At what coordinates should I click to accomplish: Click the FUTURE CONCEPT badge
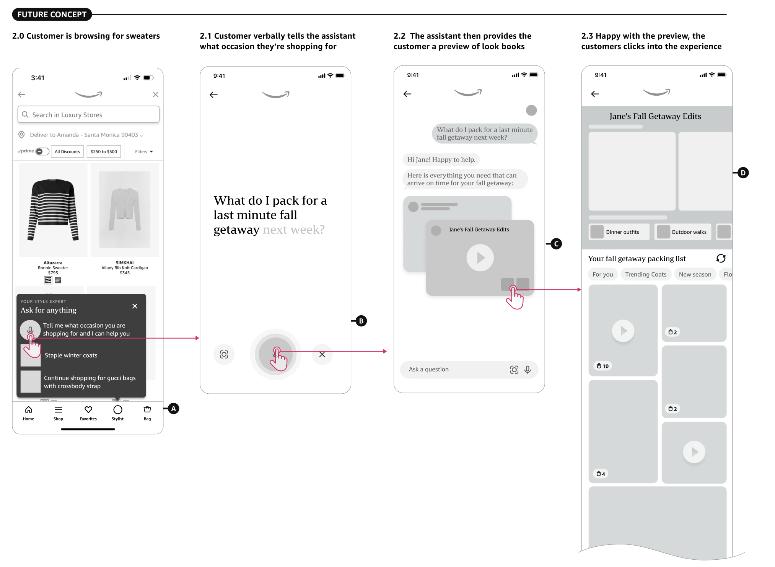click(x=52, y=15)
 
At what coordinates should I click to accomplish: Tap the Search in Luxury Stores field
click(x=88, y=114)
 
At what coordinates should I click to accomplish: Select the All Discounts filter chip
click(x=67, y=152)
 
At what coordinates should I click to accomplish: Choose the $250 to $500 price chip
click(x=104, y=152)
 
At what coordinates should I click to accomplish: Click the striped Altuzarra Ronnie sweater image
click(x=53, y=210)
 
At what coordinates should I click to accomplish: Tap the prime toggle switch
click(x=42, y=152)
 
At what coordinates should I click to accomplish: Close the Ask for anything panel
click(x=135, y=306)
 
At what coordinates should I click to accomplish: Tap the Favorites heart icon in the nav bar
click(x=88, y=410)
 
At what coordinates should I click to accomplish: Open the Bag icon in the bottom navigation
click(x=147, y=409)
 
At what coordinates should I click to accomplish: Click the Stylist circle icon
click(x=118, y=410)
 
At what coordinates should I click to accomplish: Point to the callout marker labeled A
click(x=174, y=409)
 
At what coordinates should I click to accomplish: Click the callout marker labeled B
click(x=361, y=321)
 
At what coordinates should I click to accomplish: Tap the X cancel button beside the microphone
click(x=322, y=355)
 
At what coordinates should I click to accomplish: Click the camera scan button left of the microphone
click(x=224, y=355)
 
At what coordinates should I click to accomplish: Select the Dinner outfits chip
click(x=619, y=232)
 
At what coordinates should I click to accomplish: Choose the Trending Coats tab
click(x=646, y=274)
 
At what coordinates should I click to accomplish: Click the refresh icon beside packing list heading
click(x=721, y=259)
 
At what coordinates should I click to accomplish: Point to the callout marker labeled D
click(x=743, y=173)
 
